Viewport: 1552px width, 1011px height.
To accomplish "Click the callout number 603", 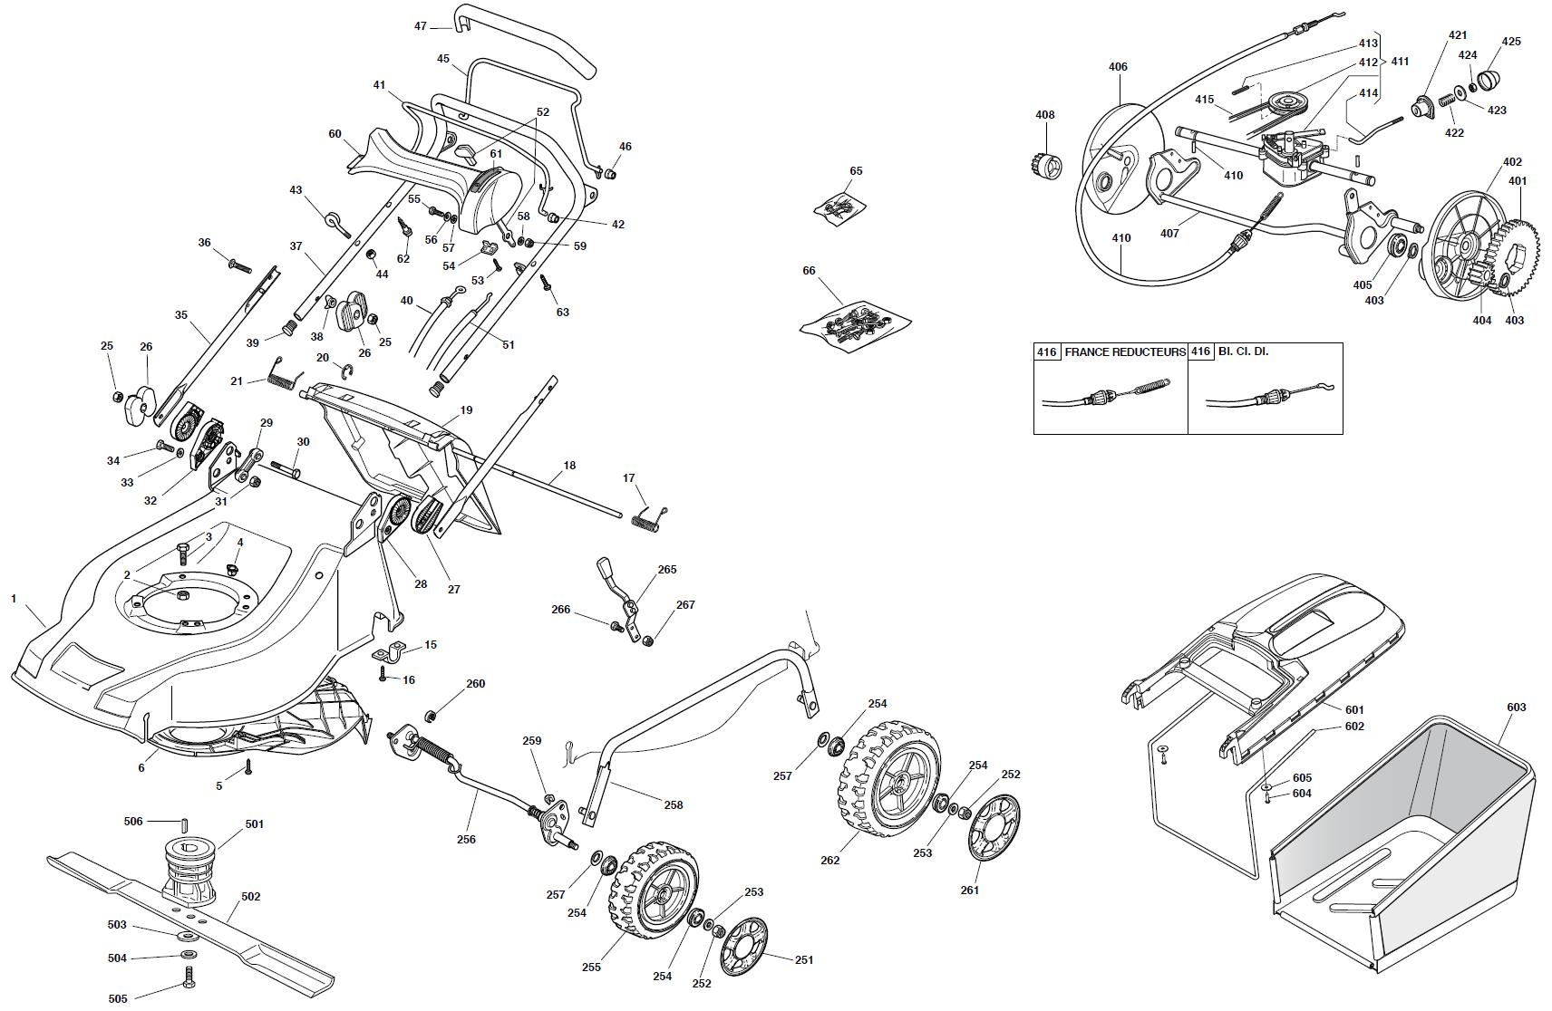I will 1516,708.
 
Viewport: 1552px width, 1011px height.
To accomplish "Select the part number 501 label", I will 254,824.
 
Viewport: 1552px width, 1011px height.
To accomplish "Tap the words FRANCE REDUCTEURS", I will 1124,351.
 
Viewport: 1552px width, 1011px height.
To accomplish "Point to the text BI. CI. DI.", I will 1243,351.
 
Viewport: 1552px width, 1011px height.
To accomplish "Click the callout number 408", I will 1044,115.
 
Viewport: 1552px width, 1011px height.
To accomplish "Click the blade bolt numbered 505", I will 189,978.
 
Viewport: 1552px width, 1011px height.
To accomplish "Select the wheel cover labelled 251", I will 744,946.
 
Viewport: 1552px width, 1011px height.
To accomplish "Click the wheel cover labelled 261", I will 994,826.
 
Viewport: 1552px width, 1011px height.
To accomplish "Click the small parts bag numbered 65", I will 840,208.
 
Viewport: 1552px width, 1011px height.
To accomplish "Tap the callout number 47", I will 421,26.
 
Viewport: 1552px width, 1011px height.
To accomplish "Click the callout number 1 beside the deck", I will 14,598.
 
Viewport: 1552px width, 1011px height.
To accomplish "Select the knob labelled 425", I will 1491,79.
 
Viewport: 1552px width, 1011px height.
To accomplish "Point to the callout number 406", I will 1118,66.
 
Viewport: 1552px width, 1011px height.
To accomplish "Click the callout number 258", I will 673,805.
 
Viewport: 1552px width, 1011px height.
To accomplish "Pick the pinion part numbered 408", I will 1047,167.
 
